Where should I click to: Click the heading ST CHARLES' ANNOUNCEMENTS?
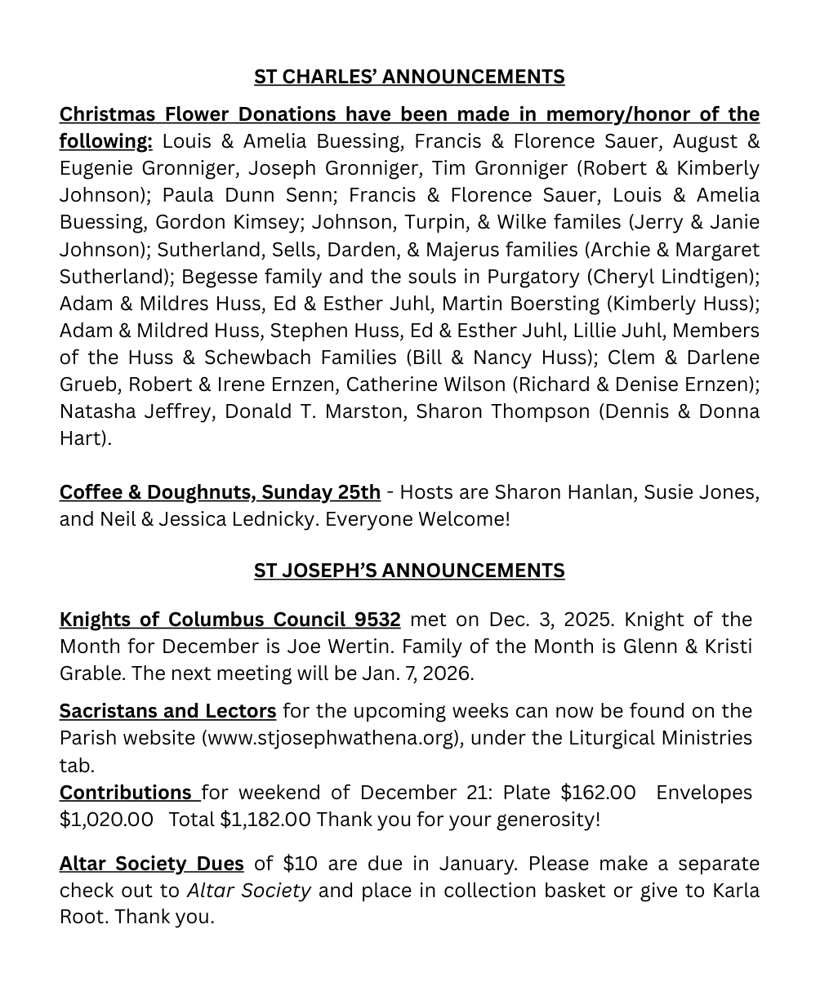click(408, 77)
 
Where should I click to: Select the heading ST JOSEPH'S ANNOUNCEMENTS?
click(408, 571)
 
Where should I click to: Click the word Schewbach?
click(258, 357)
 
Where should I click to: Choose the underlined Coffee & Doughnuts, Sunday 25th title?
click(220, 492)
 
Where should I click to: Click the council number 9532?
click(372, 620)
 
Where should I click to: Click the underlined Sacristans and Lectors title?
click(167, 711)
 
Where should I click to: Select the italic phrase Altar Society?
click(248, 890)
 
